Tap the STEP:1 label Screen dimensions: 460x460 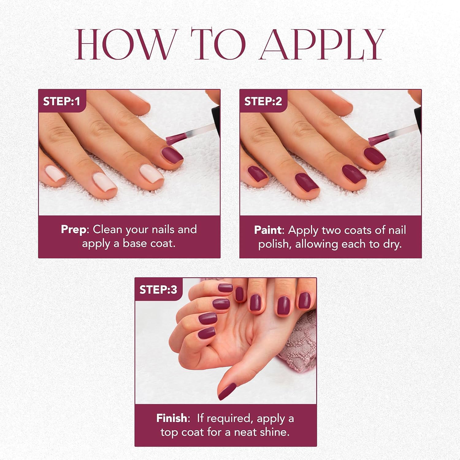(61, 101)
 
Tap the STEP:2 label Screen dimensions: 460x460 (263, 101)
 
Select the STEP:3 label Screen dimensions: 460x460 (158, 289)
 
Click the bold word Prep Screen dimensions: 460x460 (74, 229)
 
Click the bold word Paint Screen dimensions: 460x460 (268, 230)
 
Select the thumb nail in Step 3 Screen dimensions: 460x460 (227, 392)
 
